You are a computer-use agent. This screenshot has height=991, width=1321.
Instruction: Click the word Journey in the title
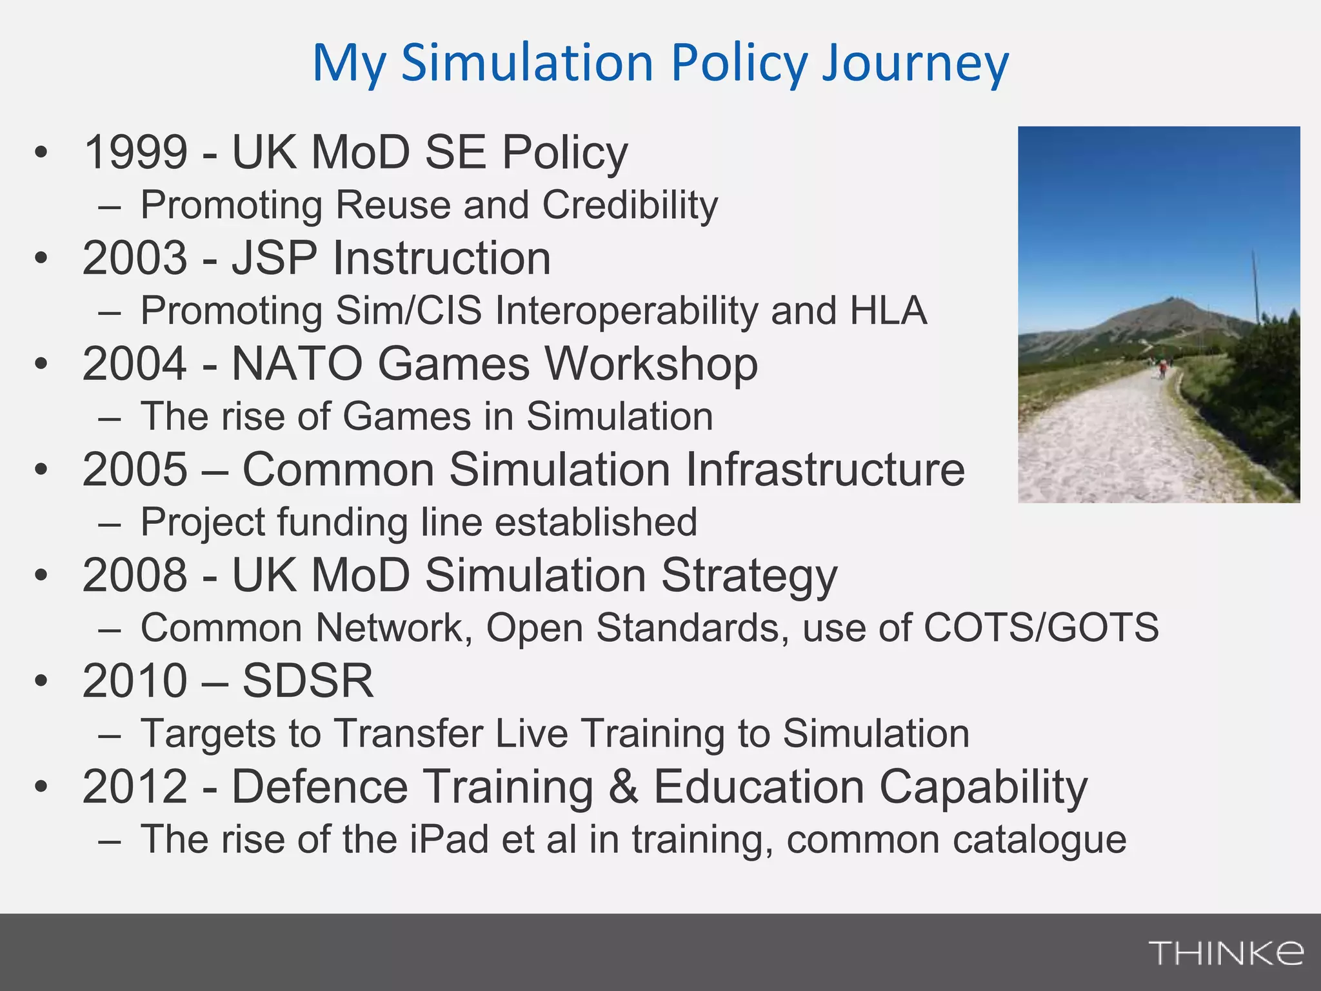click(x=915, y=63)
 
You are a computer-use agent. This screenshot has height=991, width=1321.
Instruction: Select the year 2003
click(x=135, y=258)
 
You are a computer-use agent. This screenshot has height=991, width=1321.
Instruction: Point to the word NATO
click(x=297, y=364)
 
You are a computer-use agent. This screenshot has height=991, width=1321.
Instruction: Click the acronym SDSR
click(x=308, y=681)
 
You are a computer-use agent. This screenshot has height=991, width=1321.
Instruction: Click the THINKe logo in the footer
click(x=1226, y=952)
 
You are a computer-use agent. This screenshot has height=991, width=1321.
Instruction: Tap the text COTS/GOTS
click(x=1041, y=627)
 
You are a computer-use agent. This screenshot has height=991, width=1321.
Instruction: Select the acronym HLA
click(x=888, y=310)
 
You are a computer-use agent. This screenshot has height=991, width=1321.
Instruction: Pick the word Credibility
click(x=630, y=205)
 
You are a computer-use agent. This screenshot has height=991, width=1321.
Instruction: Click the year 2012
click(x=135, y=786)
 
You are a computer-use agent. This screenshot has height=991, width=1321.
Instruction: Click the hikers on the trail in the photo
click(x=1162, y=368)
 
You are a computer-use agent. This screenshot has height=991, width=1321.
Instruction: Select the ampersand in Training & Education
click(x=623, y=786)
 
